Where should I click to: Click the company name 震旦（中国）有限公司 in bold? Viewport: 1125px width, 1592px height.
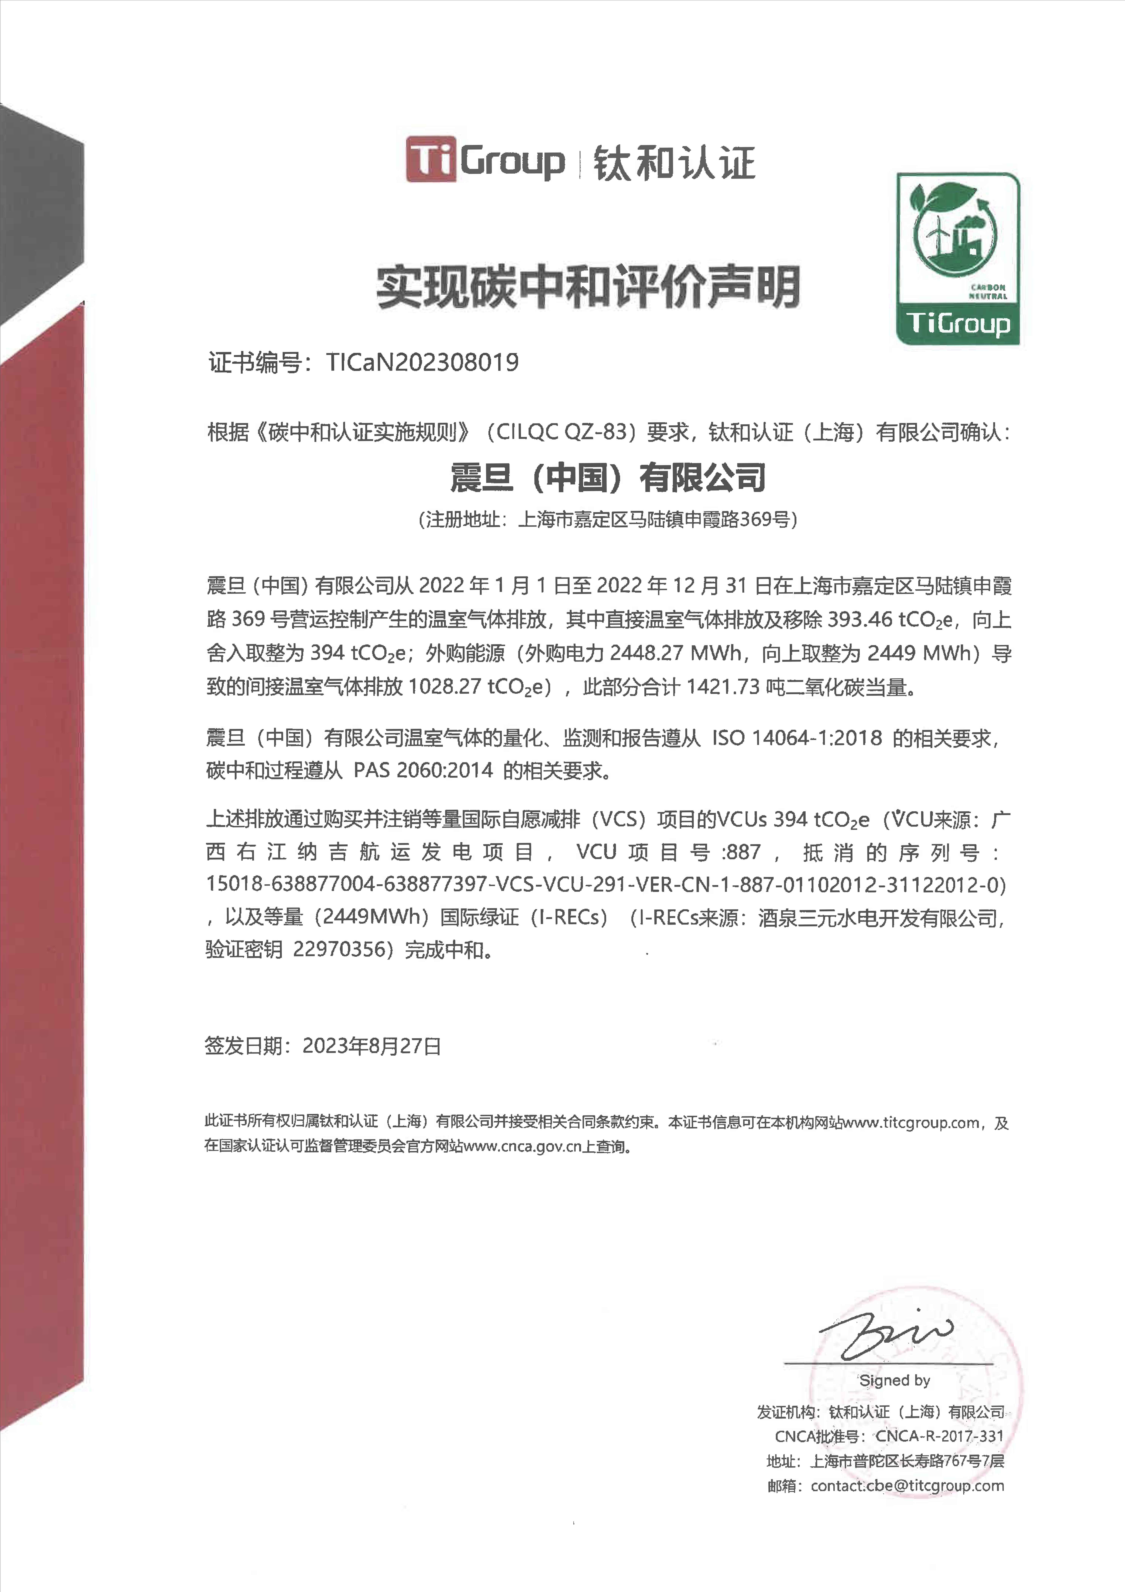coord(608,478)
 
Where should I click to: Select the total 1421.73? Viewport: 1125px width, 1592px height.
coord(723,687)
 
